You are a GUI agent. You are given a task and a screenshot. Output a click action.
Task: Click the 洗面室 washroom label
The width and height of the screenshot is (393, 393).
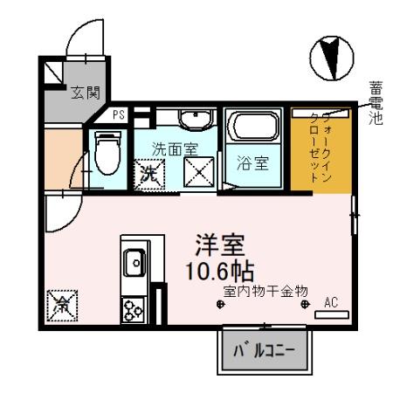pyautogui.click(x=172, y=148)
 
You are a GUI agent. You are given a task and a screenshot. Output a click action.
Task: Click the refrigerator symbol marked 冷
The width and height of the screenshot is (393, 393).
pyautogui.click(x=63, y=307)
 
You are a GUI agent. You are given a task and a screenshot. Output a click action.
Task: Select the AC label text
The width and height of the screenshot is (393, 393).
pyautogui.click(x=330, y=302)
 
